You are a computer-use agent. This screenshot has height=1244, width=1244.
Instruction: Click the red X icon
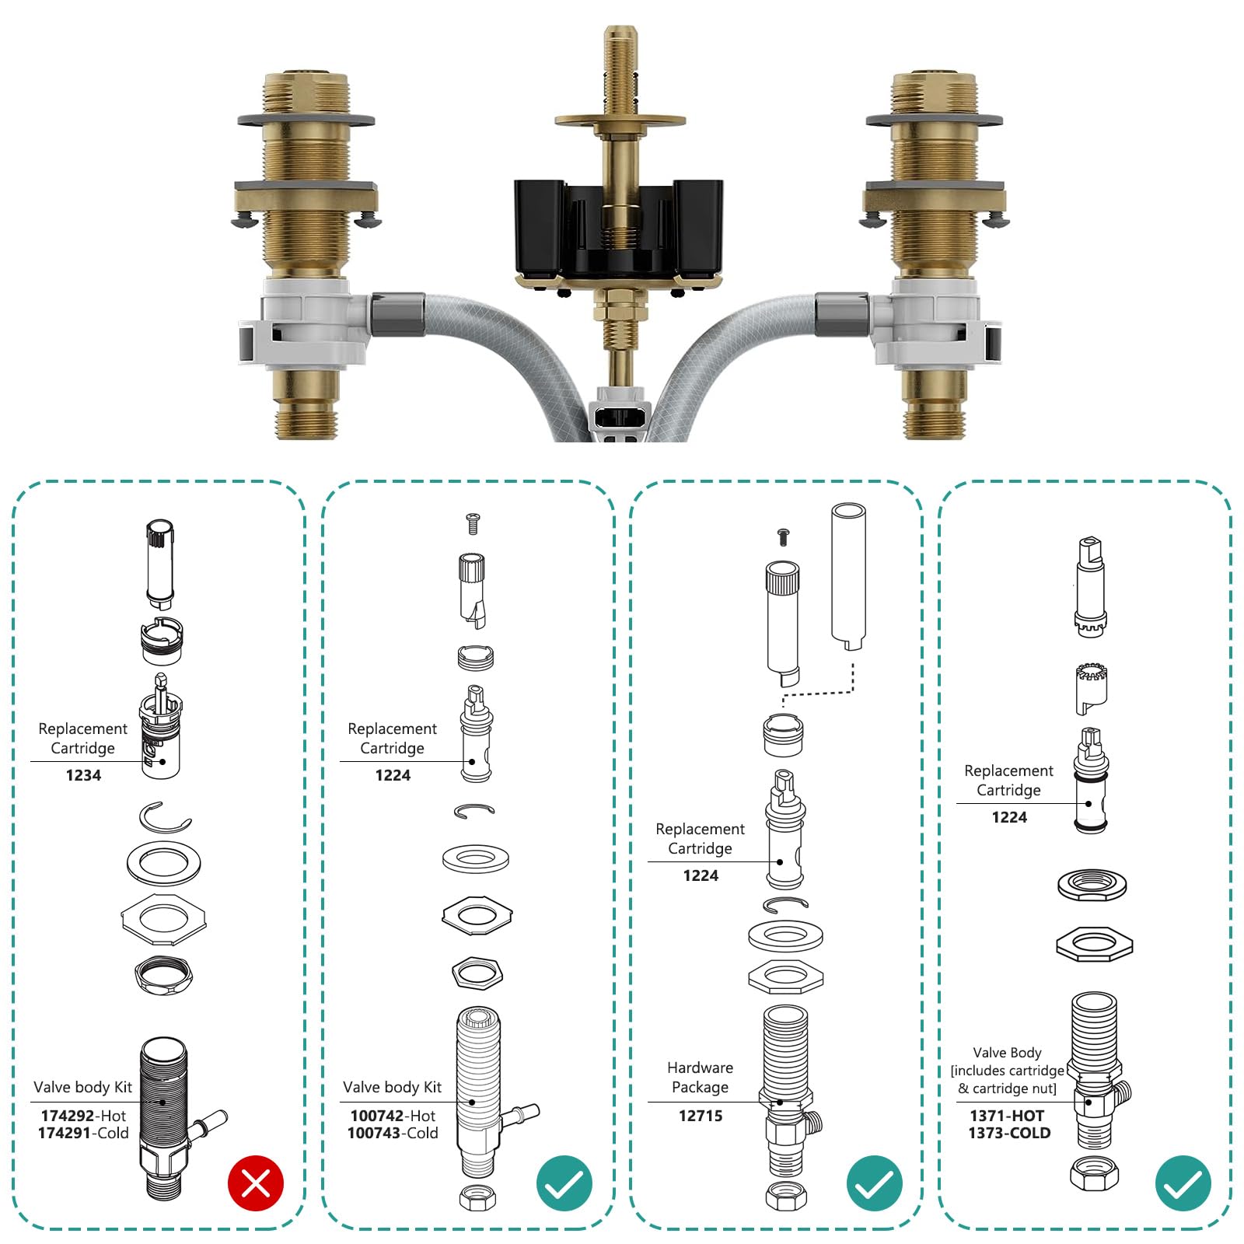pos(255,1183)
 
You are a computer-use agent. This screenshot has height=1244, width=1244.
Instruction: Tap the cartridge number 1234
pos(83,775)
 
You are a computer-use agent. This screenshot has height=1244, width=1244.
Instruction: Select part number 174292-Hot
pos(83,1115)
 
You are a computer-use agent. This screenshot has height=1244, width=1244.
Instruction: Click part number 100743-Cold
pos(393,1133)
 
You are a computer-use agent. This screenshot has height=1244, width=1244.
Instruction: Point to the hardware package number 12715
pos(700,1116)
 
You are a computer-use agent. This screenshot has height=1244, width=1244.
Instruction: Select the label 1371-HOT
pos(1007,1115)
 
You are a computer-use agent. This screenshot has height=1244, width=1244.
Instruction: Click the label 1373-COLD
pos(1009,1133)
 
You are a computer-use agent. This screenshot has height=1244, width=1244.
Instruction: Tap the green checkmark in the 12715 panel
pos(874,1183)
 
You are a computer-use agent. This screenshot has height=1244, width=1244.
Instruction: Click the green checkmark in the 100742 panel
pos(564,1183)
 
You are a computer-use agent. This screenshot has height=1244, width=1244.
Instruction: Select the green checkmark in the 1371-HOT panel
pos(1183,1183)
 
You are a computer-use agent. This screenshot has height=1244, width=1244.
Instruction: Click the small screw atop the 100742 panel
pos(472,523)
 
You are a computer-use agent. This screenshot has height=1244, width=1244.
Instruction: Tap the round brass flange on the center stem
pos(620,121)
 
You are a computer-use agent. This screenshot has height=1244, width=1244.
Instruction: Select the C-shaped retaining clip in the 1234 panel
pos(165,817)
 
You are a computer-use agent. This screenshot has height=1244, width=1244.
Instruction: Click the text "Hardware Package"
pos(700,1077)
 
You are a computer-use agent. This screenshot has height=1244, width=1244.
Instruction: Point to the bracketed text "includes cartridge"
pos(1008,1071)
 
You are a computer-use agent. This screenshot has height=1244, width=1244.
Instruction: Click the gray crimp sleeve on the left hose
pos(398,314)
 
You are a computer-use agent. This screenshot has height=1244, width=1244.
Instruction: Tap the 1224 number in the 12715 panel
pos(700,875)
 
